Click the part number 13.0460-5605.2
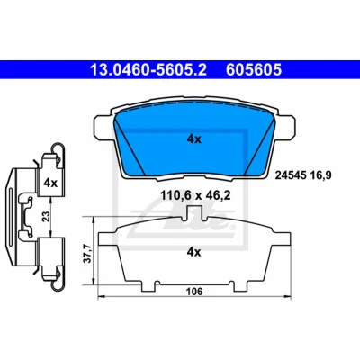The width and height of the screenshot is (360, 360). (x=148, y=70)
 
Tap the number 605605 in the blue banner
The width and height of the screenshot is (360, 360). (x=254, y=70)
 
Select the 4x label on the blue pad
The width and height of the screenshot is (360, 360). (x=194, y=139)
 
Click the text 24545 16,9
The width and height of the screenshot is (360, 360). (x=303, y=175)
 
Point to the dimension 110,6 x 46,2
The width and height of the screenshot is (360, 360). (x=195, y=196)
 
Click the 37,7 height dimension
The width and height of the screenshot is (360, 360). (x=87, y=253)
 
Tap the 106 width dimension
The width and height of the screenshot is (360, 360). (x=194, y=292)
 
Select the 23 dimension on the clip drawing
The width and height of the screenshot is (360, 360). (x=46, y=217)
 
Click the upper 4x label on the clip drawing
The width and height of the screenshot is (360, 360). (x=50, y=183)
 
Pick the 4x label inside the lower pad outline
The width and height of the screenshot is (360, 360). (x=193, y=253)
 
